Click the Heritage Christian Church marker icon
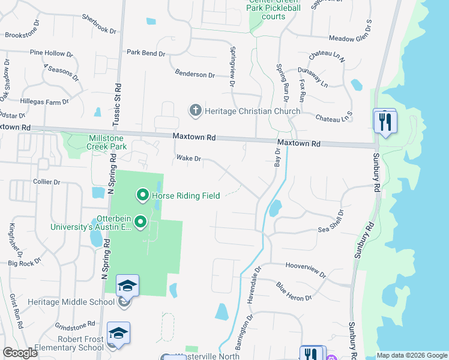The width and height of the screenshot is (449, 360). coord(195,110)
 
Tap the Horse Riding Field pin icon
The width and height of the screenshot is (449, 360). coord(143,195)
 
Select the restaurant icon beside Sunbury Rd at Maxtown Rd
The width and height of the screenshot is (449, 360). coord(384,122)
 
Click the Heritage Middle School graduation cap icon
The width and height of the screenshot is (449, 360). coord(127,286)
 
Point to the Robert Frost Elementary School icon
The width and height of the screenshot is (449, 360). coord(118,334)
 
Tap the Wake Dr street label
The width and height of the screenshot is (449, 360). coord(187,159)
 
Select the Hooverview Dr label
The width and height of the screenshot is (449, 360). coord(306,269)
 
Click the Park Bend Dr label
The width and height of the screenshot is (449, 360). coord(146,53)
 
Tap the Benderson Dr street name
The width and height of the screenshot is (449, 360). coord(194,74)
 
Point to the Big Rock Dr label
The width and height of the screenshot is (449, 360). coord(25,263)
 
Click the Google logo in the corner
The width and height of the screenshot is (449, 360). coord(20,353)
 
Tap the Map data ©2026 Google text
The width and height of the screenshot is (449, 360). coord(411,355)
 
